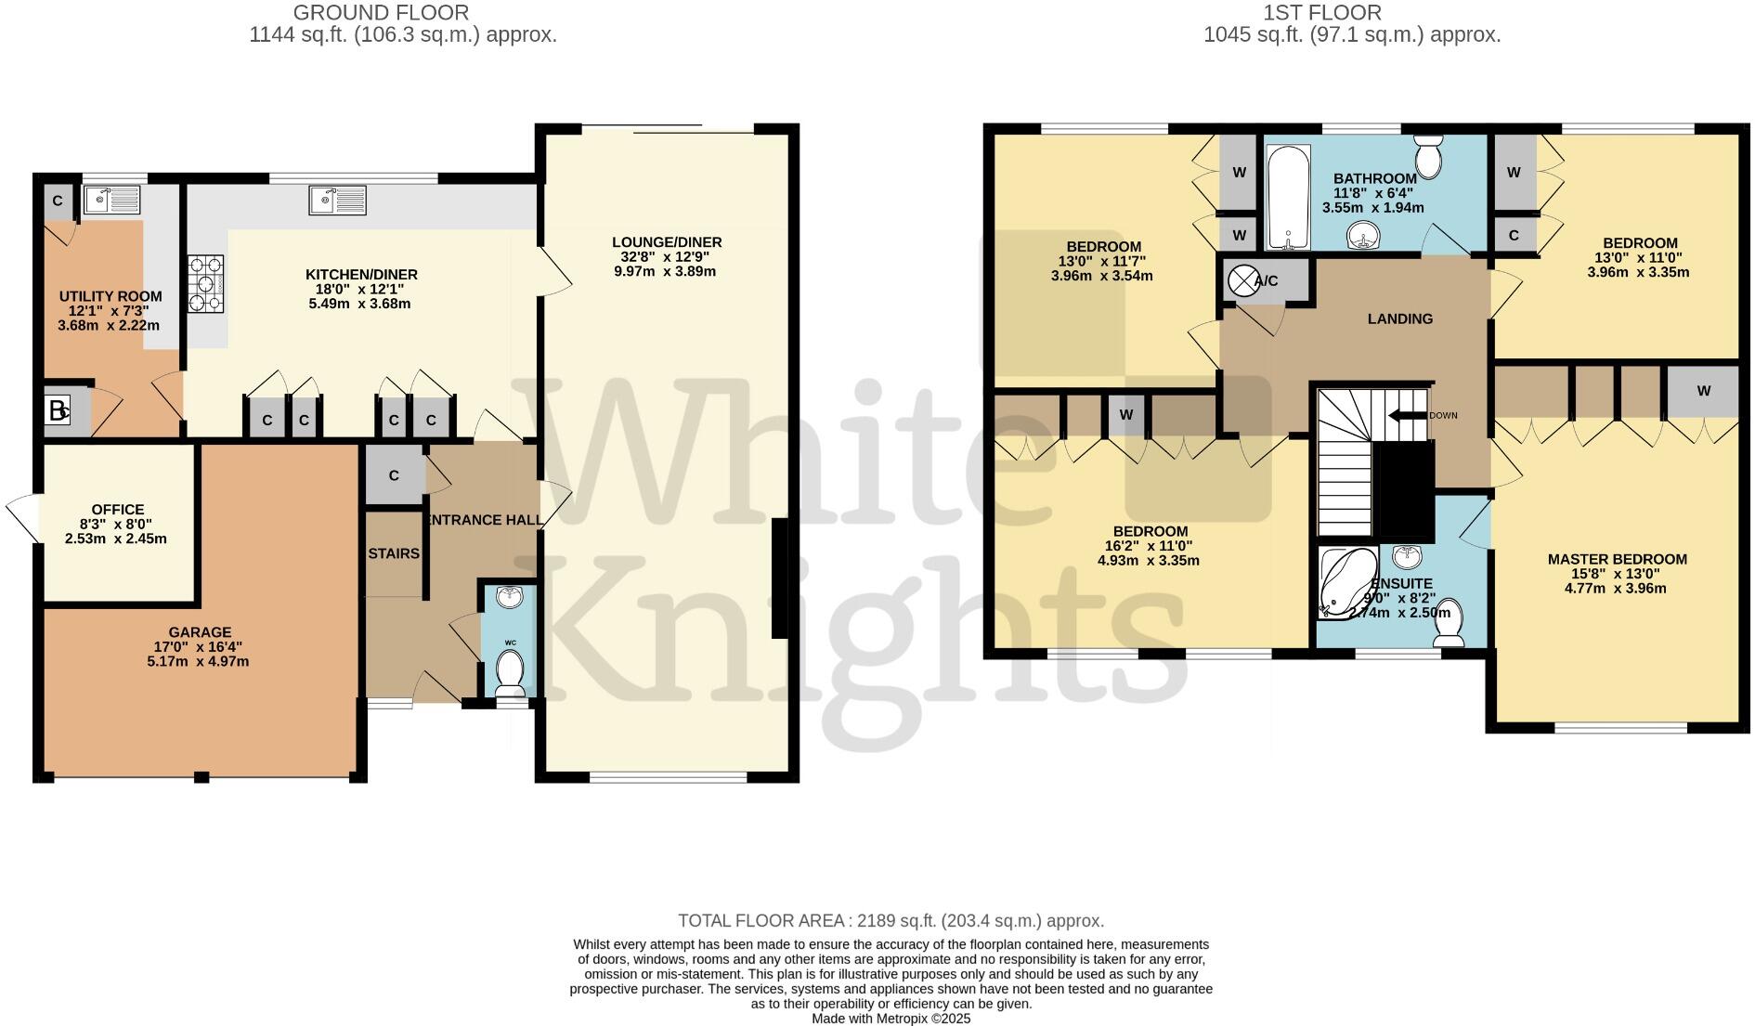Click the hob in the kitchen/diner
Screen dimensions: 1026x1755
click(206, 285)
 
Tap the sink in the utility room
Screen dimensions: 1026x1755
click(111, 200)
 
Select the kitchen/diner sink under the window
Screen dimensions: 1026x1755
click(339, 200)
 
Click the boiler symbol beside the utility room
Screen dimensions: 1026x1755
click(58, 410)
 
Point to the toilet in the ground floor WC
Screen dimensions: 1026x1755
click(509, 670)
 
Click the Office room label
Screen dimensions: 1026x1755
click(117, 510)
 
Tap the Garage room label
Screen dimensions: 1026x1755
click(200, 633)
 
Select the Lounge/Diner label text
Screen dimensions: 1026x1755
click(667, 242)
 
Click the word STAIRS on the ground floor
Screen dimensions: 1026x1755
click(394, 554)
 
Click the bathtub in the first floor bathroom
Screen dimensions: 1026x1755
click(1286, 198)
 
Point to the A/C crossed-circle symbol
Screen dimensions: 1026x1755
click(1242, 280)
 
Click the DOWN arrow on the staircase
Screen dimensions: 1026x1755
click(1408, 416)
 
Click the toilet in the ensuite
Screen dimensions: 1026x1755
click(1449, 624)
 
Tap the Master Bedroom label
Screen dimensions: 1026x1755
click(1617, 559)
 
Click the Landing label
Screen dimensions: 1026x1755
click(1399, 319)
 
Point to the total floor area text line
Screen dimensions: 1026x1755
click(890, 921)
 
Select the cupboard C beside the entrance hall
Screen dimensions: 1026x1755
click(394, 475)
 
